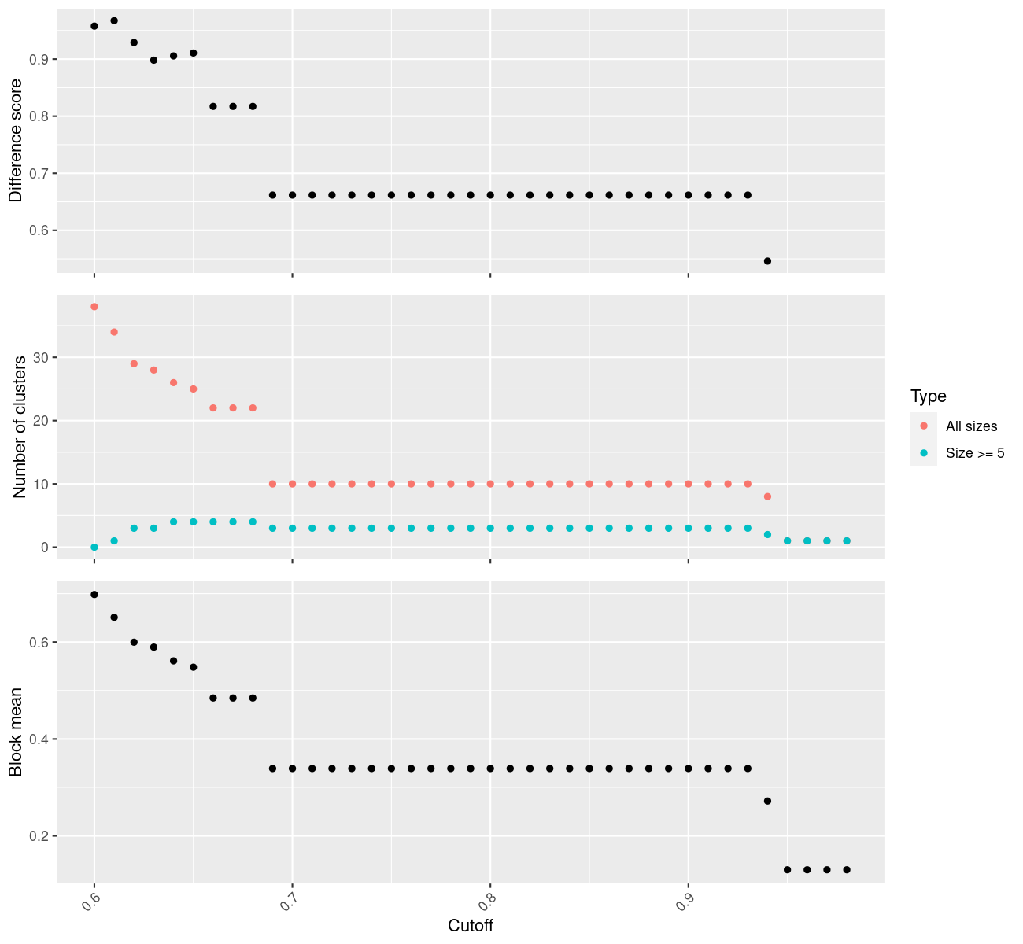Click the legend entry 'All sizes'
(971, 426)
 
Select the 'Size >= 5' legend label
(975, 453)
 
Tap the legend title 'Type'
(928, 396)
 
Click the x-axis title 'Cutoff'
(471, 926)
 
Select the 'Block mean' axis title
(16, 732)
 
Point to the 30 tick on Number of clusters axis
(41, 358)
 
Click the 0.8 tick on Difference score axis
(39, 116)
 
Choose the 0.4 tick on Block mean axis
(39, 739)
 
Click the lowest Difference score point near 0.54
(767, 261)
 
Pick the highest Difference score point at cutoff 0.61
(114, 20)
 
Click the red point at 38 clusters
(94, 307)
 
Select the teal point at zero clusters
(94, 547)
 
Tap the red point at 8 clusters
(767, 496)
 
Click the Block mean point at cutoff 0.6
(94, 595)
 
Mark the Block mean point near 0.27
(767, 801)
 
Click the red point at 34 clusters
(114, 332)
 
